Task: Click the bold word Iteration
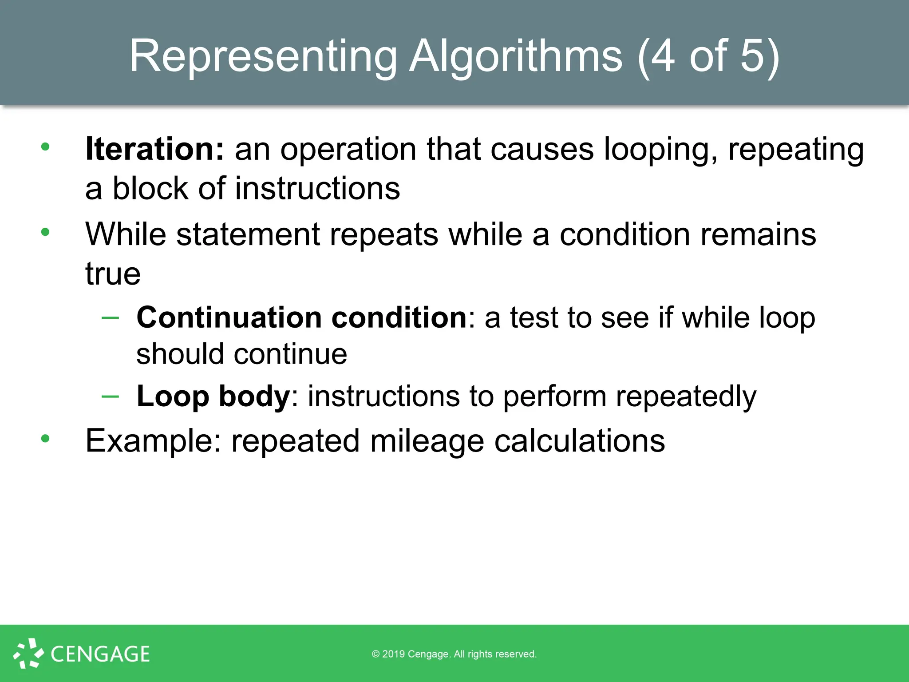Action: (x=155, y=149)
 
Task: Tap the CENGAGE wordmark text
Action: (x=100, y=654)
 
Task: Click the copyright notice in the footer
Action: (x=454, y=654)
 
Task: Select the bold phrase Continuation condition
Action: (x=302, y=317)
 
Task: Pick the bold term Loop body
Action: (x=213, y=396)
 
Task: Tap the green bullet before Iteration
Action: (x=45, y=147)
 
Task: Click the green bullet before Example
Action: (x=45, y=439)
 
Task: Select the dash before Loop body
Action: (x=110, y=396)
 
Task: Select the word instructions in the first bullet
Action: (x=317, y=188)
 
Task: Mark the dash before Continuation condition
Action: (x=110, y=317)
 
